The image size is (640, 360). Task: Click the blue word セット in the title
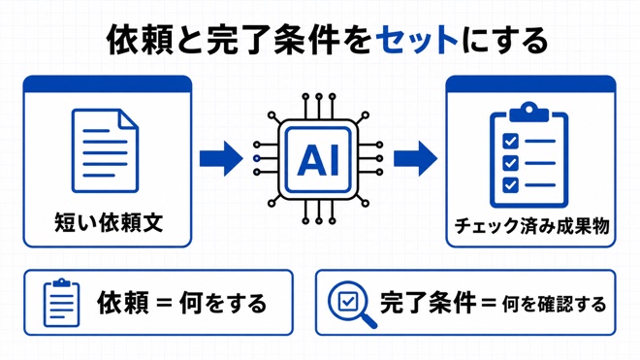pos(417,42)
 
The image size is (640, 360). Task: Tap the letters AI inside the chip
pos(318,159)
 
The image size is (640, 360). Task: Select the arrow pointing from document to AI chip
pos(221,158)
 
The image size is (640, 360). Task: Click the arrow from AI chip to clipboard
pos(415,158)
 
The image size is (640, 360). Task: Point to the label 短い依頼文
pos(109,222)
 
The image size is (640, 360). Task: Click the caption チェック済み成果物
pos(531,225)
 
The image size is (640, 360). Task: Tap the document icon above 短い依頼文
pos(106,150)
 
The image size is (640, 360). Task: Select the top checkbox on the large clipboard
pos(510,141)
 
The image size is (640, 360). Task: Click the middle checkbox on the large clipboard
pos(510,163)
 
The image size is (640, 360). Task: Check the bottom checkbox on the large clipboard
pos(510,184)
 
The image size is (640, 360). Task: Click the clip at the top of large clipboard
pos(529,112)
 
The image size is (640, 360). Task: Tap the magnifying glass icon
pos(352,304)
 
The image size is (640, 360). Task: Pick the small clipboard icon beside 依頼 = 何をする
pos(61,303)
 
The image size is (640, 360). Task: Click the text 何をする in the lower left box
pos(223,303)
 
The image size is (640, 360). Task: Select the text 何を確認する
pos(554,305)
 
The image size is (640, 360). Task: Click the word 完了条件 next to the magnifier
pos(428,303)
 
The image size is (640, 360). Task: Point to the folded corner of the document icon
pos(128,118)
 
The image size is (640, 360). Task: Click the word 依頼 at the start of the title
pos(140,42)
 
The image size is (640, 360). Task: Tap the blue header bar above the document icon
pos(108,84)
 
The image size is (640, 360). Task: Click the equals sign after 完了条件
pos(489,304)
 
